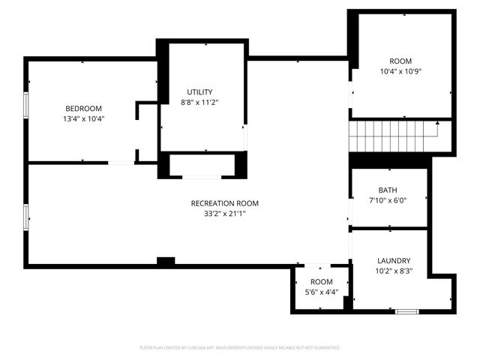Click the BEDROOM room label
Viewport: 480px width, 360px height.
[x=83, y=108]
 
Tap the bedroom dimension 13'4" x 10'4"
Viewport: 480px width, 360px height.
[x=83, y=118]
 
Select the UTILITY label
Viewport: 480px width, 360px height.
[x=199, y=91]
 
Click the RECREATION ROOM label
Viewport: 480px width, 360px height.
[x=224, y=203]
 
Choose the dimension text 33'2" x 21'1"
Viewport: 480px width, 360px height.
[x=224, y=214]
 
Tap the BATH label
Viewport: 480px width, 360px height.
[x=388, y=190]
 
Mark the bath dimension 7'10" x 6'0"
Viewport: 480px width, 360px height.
[x=388, y=200]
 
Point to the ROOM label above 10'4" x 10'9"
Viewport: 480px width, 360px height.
[x=400, y=61]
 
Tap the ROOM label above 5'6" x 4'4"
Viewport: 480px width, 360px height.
[x=322, y=282]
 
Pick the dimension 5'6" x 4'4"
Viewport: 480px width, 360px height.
[x=322, y=292]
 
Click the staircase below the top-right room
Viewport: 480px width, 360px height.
[x=393, y=136]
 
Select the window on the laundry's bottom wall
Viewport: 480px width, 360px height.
[x=406, y=311]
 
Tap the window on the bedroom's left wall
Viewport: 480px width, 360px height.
[x=26, y=105]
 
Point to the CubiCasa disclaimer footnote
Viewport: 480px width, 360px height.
[x=240, y=348]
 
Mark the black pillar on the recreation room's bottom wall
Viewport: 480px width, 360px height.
[x=166, y=261]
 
